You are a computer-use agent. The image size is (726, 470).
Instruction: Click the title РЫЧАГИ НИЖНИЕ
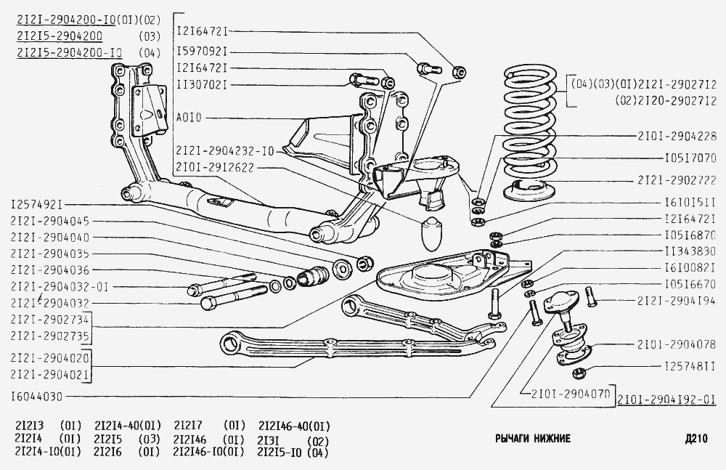coord(532,439)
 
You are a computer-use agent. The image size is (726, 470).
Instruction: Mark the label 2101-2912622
coord(215,166)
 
